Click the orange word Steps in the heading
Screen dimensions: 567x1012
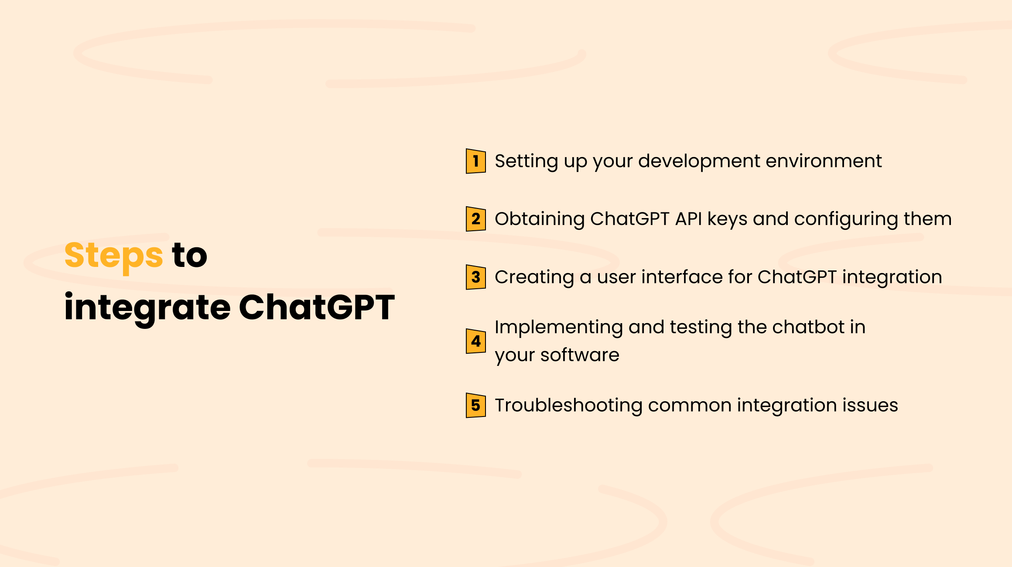[x=113, y=255]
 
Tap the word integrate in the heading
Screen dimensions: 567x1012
[x=147, y=307]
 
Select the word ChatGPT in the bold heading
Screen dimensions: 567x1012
[x=317, y=307]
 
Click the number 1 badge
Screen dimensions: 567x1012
[x=475, y=161]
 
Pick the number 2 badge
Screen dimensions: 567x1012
[x=475, y=219]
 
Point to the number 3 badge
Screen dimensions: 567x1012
[x=475, y=277]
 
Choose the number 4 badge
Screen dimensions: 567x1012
[x=475, y=341]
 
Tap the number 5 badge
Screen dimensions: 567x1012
[x=475, y=405]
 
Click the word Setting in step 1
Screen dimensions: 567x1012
[x=526, y=161]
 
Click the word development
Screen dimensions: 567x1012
[x=699, y=161]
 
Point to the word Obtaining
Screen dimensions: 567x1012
[x=539, y=219]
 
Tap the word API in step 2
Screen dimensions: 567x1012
[x=688, y=219]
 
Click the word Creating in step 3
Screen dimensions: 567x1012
[x=534, y=277]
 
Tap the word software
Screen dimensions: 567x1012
[x=580, y=355]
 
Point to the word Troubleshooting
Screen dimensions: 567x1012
[x=568, y=406]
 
